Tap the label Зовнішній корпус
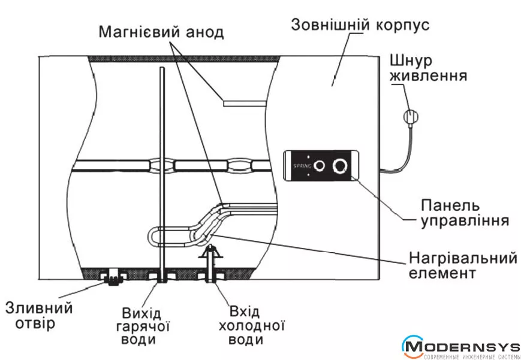359,26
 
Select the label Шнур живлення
428,69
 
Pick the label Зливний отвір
39,316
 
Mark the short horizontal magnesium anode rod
243,102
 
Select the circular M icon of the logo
413,346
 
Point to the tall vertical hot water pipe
162,168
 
